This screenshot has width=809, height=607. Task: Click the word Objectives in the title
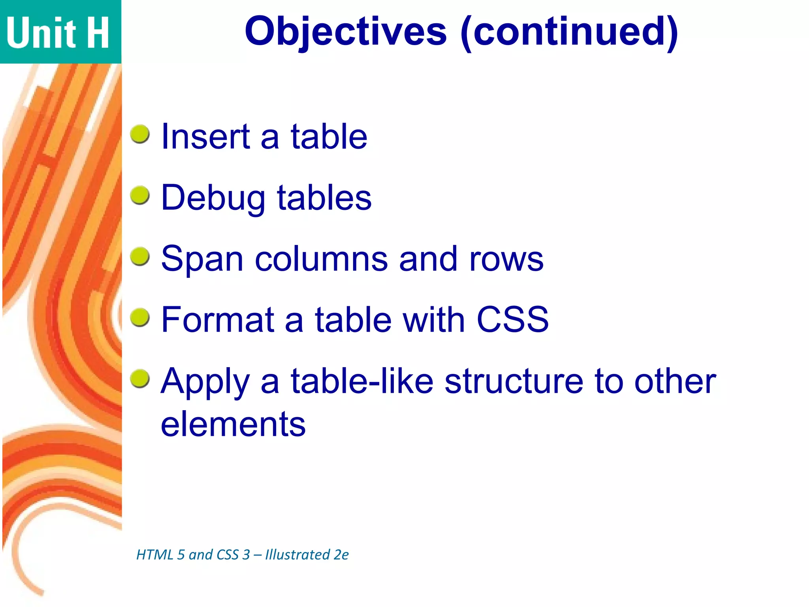[346, 32]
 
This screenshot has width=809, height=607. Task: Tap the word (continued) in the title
[569, 32]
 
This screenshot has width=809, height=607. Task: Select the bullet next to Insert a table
[140, 134]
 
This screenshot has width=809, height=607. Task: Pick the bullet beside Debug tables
[140, 195]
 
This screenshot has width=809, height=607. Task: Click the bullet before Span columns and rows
[140, 256]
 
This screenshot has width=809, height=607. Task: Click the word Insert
[205, 137]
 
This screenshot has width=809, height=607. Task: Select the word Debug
[213, 198]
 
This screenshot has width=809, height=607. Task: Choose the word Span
[202, 260]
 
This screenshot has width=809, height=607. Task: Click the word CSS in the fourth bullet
[512, 320]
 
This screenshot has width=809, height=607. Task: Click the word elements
[233, 424]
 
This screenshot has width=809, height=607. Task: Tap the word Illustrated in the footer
[297, 555]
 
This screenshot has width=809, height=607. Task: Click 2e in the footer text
[341, 555]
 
